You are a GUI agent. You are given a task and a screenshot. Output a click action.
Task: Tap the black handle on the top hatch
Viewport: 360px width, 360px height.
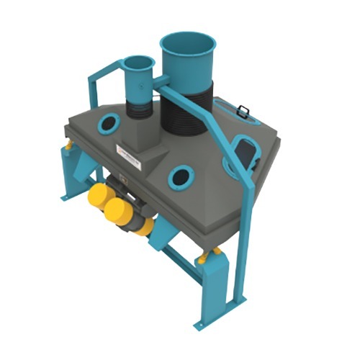[x=242, y=112]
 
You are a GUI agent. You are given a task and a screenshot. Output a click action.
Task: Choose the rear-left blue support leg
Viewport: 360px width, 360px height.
[x=73, y=173]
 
